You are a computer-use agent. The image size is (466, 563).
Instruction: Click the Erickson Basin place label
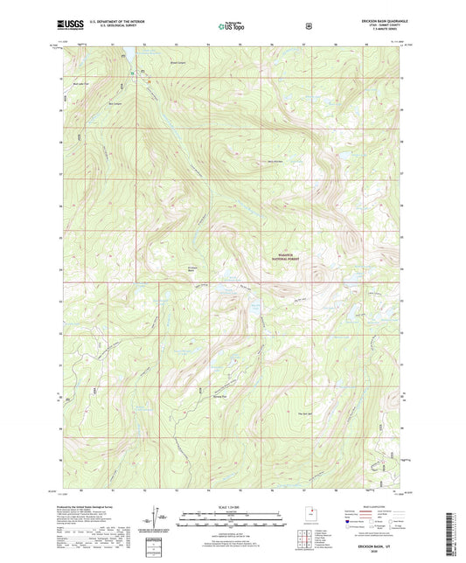192,269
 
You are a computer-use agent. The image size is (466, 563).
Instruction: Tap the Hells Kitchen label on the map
275,161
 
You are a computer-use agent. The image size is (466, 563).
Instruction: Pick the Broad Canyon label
154,63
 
